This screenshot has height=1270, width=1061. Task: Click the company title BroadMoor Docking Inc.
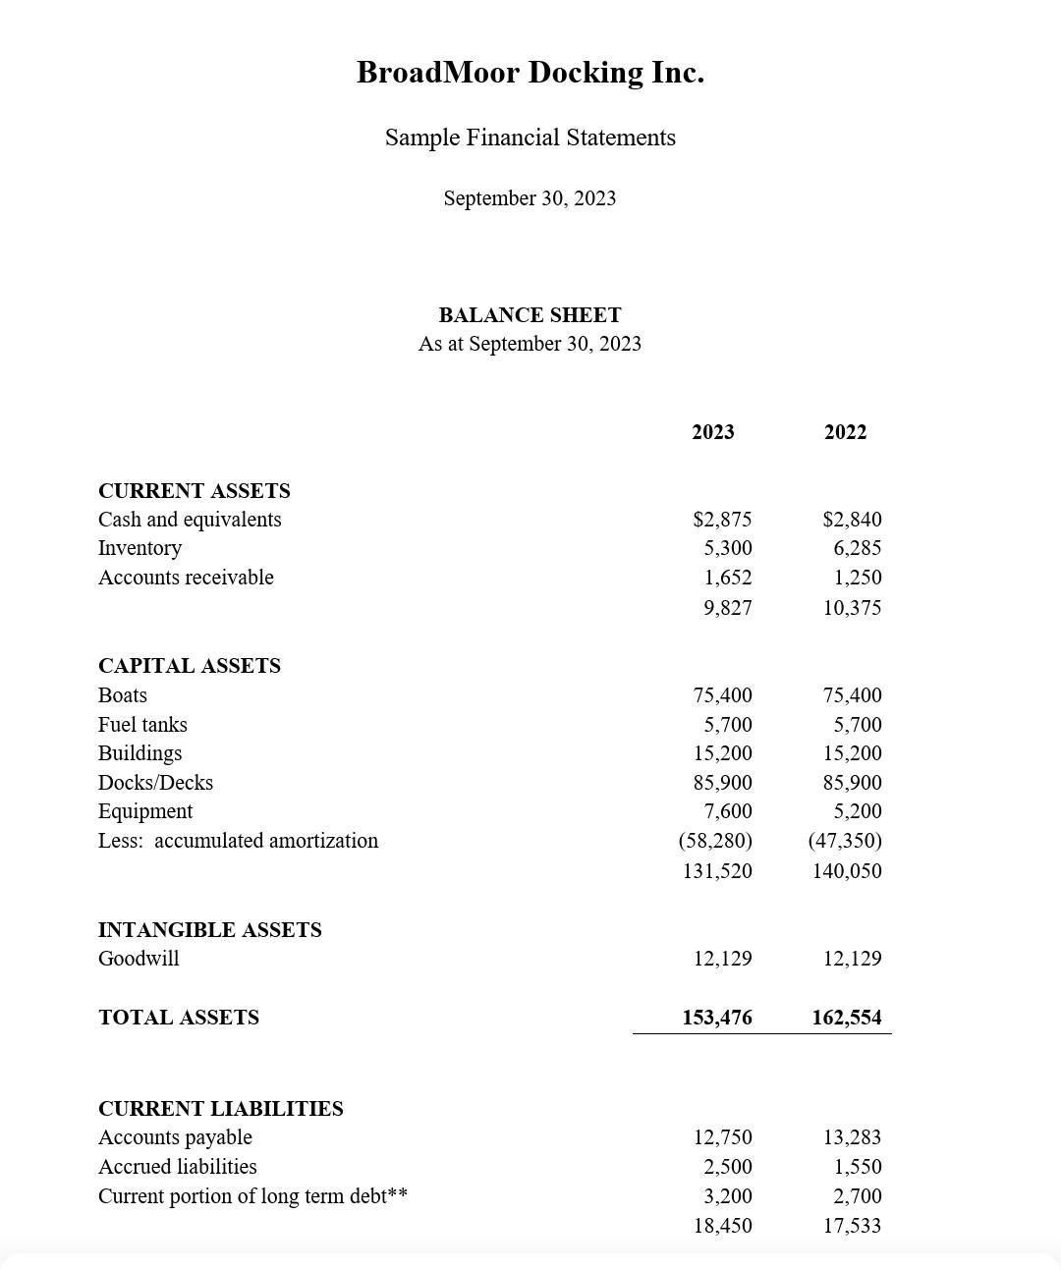[x=530, y=73]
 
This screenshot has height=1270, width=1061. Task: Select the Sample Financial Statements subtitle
[x=530, y=138]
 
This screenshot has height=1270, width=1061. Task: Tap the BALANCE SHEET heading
[x=530, y=315]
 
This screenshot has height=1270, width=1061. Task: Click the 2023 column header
[x=712, y=432]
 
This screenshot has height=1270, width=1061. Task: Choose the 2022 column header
[x=845, y=432]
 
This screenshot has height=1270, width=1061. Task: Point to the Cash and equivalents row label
[x=190, y=520]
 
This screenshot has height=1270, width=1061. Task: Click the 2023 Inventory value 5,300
[x=727, y=548]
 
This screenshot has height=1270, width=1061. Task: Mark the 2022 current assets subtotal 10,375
[x=852, y=608]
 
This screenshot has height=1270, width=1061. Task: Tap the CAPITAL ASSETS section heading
[x=190, y=666]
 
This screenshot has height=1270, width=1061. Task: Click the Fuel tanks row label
[x=142, y=725]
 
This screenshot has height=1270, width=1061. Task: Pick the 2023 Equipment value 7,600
[x=727, y=811]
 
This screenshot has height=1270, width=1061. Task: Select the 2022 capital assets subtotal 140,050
[x=847, y=871]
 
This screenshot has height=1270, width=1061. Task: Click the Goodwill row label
[x=139, y=959]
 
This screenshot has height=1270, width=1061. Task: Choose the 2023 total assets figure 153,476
[x=717, y=1018]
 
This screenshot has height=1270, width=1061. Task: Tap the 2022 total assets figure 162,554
[x=847, y=1018]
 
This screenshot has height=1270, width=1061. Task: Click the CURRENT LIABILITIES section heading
[x=221, y=1109]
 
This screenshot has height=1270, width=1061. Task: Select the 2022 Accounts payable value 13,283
[x=852, y=1137]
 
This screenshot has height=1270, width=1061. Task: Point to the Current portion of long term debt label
[x=252, y=1196]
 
